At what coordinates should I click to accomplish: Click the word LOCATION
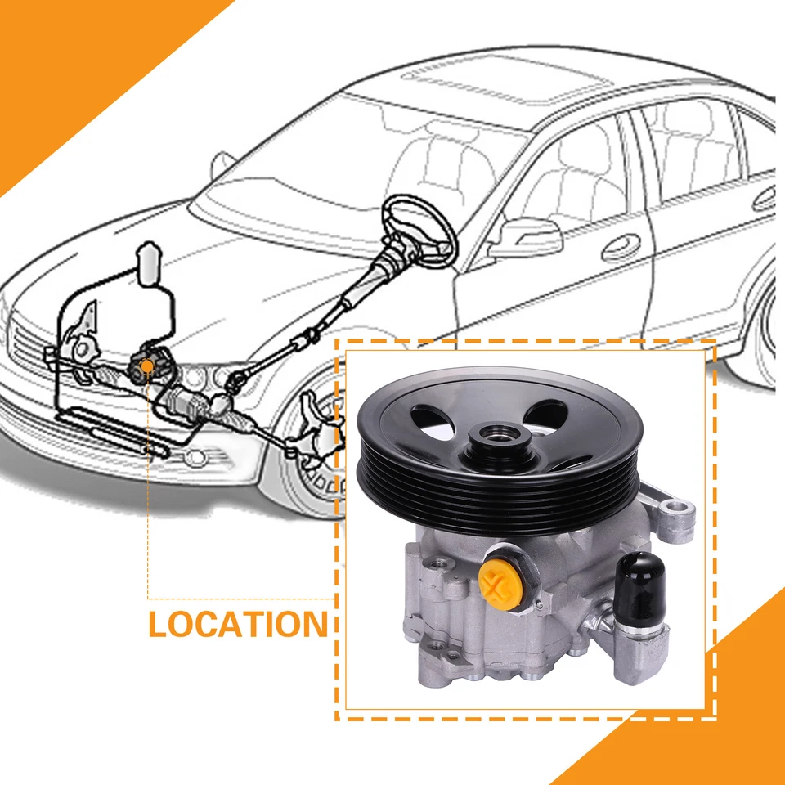point(237,624)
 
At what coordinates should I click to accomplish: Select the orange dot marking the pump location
point(146,366)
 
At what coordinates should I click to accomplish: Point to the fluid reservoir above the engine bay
point(149,263)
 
